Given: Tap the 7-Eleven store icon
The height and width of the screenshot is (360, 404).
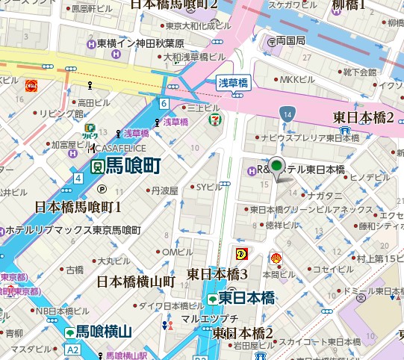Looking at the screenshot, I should [x=214, y=118].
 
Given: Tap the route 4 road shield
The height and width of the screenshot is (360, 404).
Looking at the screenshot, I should [x=78, y=178].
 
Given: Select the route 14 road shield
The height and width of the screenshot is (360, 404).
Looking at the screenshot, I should [x=287, y=113].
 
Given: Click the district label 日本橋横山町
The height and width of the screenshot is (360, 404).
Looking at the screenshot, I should [x=136, y=282].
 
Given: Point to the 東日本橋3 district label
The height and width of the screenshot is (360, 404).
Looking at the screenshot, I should [x=217, y=273].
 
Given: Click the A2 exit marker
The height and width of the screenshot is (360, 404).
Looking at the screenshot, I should [x=72, y=349].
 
